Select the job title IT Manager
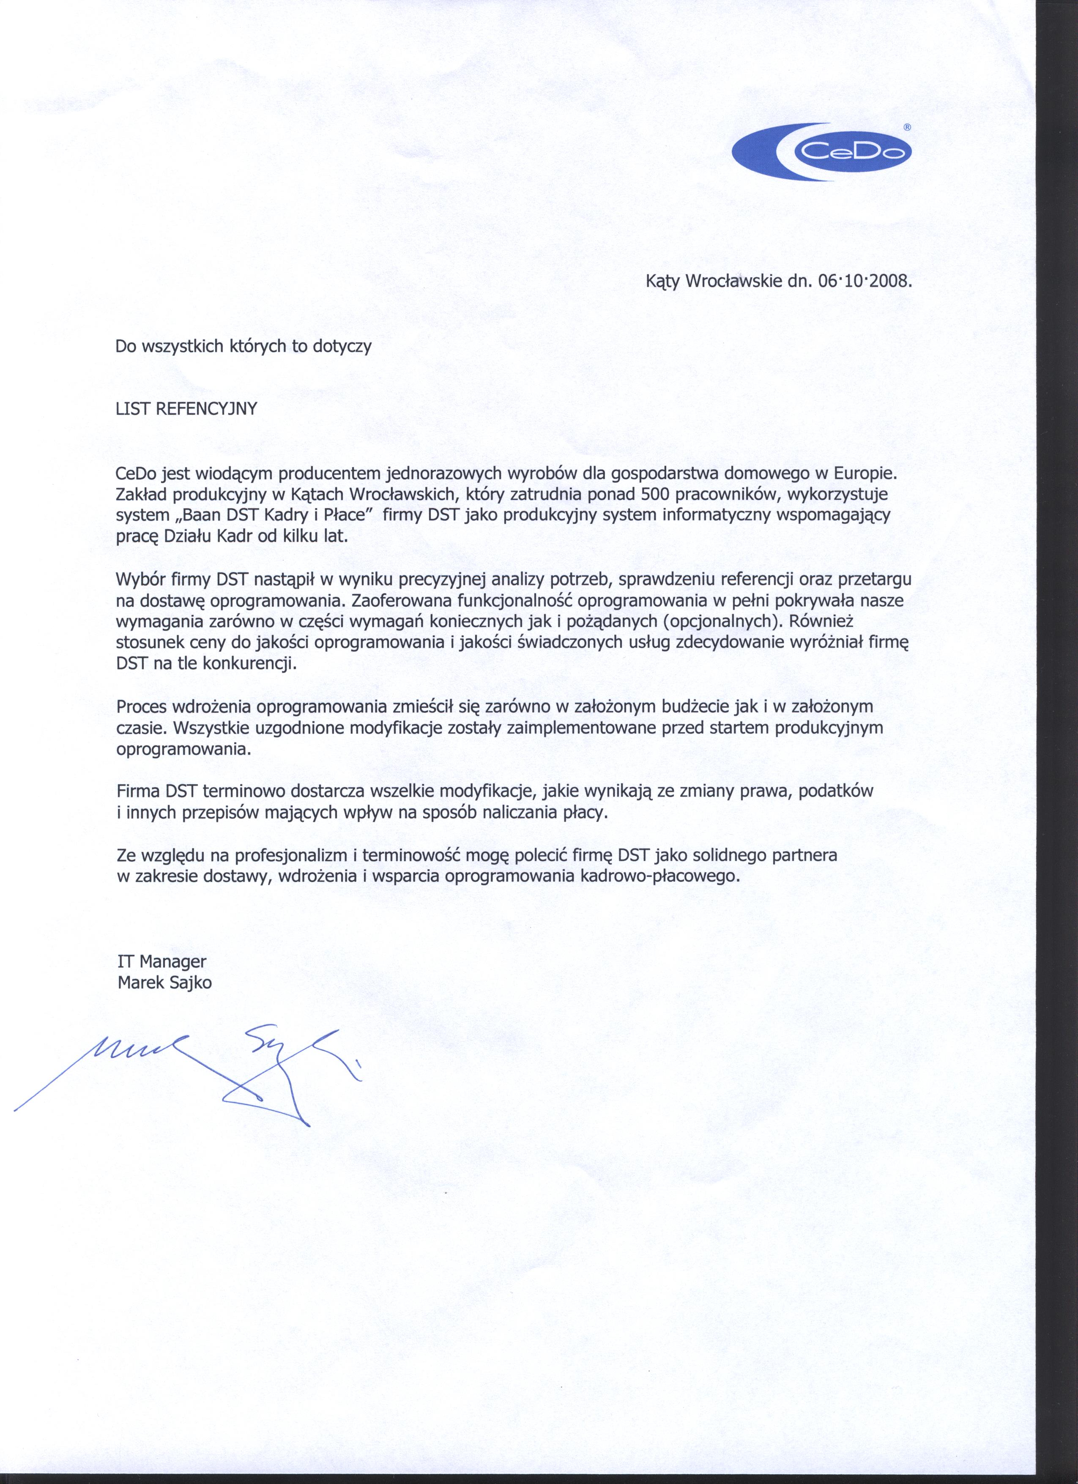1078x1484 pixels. (x=161, y=961)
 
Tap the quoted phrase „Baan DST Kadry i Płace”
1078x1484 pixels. (x=244, y=514)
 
